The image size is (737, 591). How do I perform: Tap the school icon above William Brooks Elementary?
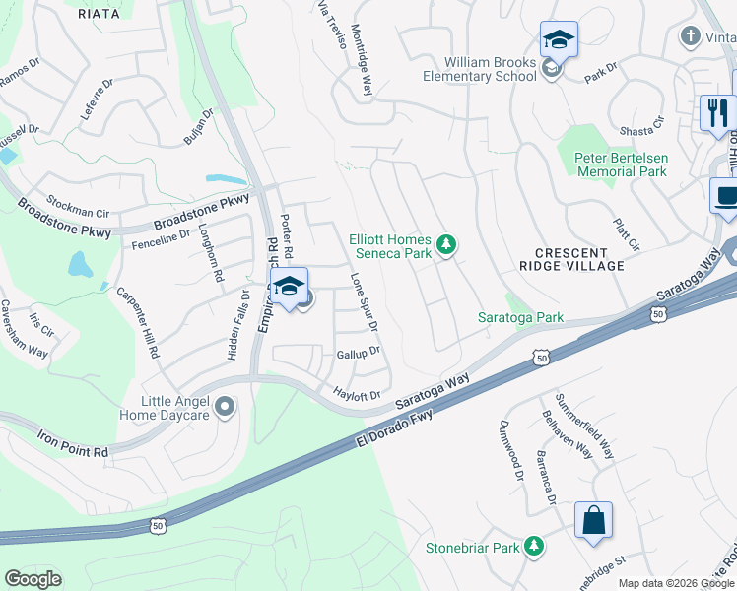[x=559, y=40]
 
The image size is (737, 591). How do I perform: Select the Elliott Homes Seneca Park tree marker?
[x=446, y=243]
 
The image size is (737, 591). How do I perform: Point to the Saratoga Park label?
[x=520, y=318]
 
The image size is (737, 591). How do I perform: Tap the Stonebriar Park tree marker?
[x=534, y=546]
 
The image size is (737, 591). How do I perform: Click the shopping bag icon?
[x=594, y=521]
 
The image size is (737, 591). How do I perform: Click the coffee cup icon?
[x=725, y=194]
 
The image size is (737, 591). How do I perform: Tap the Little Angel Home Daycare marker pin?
[x=226, y=405]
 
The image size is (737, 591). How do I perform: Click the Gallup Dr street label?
[x=358, y=353]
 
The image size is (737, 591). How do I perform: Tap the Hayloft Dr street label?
[x=357, y=394]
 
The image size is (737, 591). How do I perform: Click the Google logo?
[x=33, y=579]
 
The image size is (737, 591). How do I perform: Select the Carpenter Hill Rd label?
[x=138, y=322]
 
